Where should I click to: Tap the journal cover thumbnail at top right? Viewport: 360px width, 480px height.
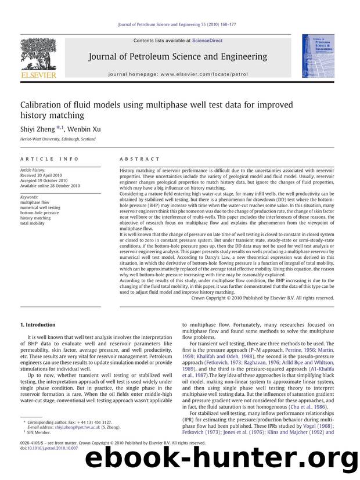318,56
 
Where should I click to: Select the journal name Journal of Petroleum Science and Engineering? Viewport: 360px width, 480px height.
178,56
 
